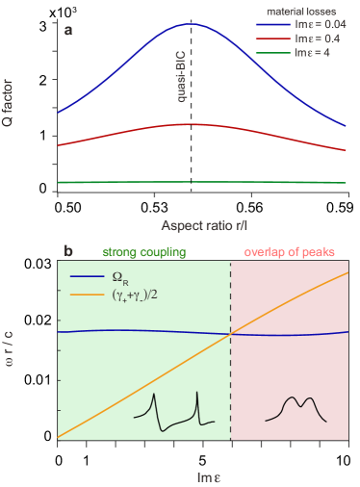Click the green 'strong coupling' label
(x=145, y=252)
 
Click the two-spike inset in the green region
(x=173, y=409)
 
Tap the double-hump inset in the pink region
(x=296, y=406)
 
